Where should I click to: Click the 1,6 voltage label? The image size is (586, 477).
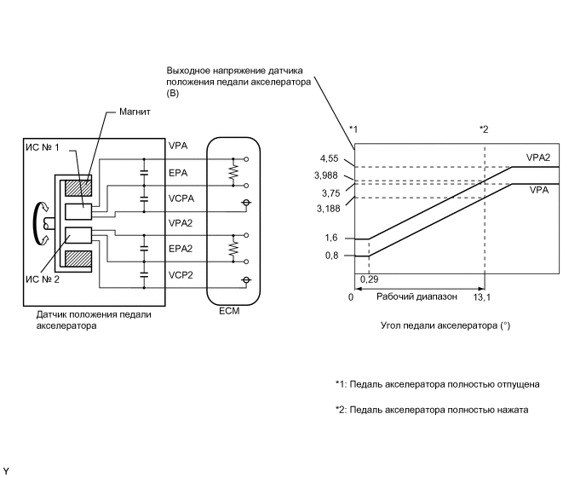[331, 239]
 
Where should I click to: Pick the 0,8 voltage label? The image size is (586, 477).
[331, 256]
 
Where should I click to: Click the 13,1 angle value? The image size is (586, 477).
[483, 297]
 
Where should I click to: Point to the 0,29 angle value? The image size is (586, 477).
[369, 279]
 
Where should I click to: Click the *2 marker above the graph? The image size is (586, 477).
[484, 129]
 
